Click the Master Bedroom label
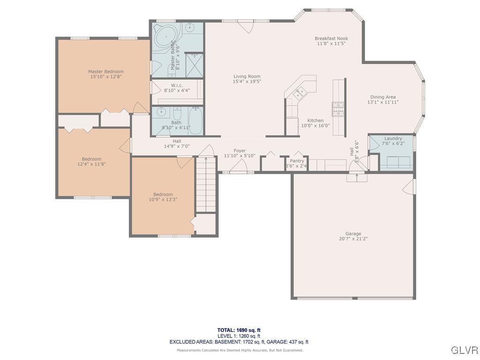[x=106, y=72]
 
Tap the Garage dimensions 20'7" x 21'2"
[x=353, y=239]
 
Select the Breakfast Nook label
[x=331, y=38]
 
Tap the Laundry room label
[x=393, y=138]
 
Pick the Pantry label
[x=297, y=161]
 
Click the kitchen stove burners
[x=338, y=109]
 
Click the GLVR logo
[x=464, y=350]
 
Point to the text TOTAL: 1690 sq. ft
[x=239, y=330]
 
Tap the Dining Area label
[x=382, y=97]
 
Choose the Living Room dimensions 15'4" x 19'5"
[x=247, y=81]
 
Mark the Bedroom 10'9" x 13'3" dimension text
[x=163, y=199]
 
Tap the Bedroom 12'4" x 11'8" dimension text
[x=91, y=164]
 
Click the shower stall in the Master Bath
[x=193, y=66]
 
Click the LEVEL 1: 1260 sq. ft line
[x=239, y=336]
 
